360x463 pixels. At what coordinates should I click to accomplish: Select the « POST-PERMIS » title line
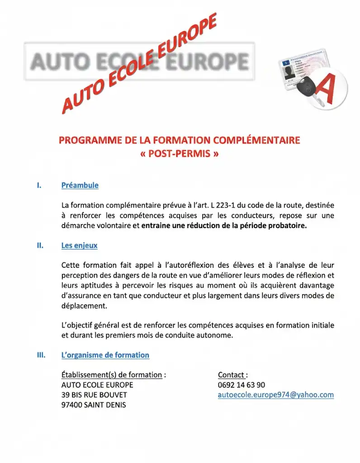[x=180, y=154]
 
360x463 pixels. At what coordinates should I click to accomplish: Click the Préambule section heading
[x=80, y=185]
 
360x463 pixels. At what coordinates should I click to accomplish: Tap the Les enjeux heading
[x=79, y=246]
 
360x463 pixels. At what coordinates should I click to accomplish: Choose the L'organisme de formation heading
[x=105, y=355]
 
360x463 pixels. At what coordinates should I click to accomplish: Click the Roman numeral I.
[x=39, y=185]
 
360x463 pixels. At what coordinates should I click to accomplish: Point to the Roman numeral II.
[x=40, y=246]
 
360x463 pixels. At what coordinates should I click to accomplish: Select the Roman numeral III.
[x=41, y=355]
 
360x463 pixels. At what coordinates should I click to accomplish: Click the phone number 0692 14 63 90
[x=242, y=385]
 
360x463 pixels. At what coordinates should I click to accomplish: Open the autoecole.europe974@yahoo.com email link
[x=275, y=395]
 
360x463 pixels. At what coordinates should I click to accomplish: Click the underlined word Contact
[x=232, y=375]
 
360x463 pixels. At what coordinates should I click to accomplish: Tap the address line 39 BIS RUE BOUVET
[x=94, y=395]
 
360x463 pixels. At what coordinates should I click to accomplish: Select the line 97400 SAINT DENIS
[x=94, y=405]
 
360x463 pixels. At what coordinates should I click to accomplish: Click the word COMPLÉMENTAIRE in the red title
[x=256, y=141]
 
